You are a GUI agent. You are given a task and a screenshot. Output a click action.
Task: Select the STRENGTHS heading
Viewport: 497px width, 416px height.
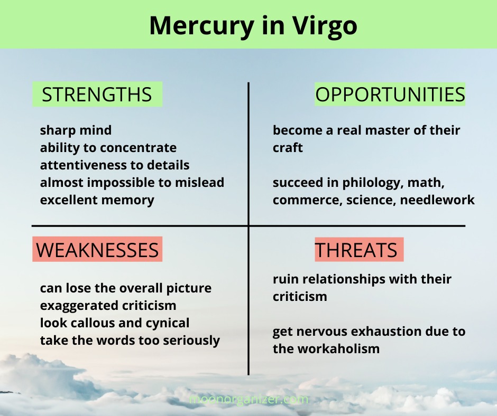tap(97, 94)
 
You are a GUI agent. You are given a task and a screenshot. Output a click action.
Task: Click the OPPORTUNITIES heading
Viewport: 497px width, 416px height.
tap(390, 94)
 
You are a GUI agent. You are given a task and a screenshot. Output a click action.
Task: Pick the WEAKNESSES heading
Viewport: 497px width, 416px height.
tap(97, 250)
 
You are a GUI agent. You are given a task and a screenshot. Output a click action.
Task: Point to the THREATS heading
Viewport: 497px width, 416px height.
tap(356, 250)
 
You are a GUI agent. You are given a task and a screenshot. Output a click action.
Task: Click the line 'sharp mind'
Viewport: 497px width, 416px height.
tap(76, 130)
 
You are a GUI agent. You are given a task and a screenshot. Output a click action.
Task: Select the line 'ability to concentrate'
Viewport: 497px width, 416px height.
tap(108, 148)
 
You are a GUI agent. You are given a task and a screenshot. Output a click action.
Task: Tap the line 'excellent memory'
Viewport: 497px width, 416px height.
tap(97, 200)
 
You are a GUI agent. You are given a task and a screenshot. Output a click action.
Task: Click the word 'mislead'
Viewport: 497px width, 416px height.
tap(200, 182)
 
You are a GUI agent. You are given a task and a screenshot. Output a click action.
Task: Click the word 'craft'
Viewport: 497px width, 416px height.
tap(288, 148)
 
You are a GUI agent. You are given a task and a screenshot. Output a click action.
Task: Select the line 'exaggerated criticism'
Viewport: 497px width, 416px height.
tap(108, 306)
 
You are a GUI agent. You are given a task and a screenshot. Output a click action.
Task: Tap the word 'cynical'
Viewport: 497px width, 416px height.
tap(168, 323)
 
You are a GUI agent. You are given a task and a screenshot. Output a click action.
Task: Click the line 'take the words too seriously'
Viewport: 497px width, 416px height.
tap(130, 341)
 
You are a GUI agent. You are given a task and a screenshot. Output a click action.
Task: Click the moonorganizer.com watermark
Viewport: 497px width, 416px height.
tap(248, 399)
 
